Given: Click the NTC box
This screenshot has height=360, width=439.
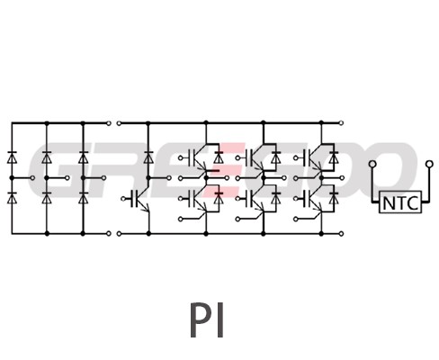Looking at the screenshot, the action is point(400,202).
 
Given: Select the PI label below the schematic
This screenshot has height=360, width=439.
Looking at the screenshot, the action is point(207,320).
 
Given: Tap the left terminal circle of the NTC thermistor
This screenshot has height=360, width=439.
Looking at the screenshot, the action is point(372,164).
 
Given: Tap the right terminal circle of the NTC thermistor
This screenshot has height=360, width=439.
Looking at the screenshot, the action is point(429,164).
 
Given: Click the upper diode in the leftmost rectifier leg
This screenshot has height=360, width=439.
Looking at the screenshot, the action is point(12,157).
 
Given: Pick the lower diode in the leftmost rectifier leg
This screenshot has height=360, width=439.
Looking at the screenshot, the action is point(12,198).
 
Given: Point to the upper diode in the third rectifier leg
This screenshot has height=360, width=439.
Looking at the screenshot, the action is point(83,157).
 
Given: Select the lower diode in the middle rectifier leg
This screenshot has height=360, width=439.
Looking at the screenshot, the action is point(47,198).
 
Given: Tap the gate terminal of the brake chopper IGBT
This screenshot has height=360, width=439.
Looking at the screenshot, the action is point(123,199).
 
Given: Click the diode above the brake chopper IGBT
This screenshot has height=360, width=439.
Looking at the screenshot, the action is point(148,157).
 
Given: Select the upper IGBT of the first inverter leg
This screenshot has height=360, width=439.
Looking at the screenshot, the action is point(197,158).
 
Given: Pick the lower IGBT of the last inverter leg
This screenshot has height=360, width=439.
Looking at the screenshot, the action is point(313,199).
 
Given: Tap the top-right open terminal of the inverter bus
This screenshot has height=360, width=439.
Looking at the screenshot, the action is point(341,123).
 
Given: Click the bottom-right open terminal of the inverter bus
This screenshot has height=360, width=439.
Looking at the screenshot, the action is point(341,233).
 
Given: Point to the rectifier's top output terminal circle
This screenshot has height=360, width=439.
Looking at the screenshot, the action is point(109,123).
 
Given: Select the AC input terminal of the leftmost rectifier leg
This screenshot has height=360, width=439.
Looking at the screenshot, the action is point(32,178).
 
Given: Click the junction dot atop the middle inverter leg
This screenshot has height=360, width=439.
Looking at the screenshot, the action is point(264,122).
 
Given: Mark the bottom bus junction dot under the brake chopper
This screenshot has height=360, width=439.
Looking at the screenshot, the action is point(148,233).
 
